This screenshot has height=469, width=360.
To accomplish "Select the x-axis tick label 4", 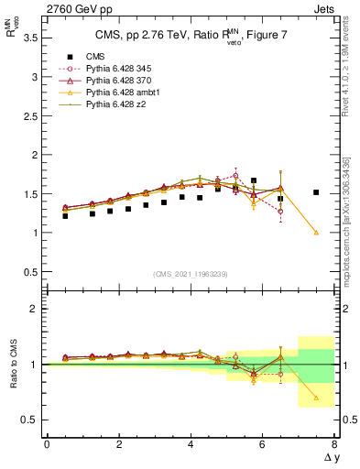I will pyautogui.click(x=191, y=444).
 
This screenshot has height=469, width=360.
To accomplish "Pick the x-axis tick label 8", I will pyautogui.click(x=334, y=444).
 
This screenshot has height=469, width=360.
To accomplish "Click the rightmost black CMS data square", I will pyautogui.click(x=316, y=192).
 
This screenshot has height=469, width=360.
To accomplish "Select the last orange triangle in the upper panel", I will pyautogui.click(x=316, y=232).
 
